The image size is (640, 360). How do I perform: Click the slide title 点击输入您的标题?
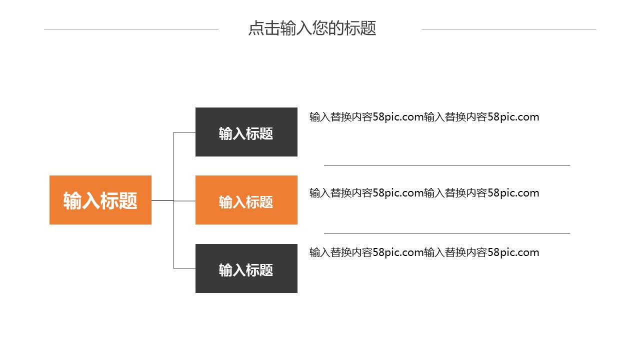[312, 28]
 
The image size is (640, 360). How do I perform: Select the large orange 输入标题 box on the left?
[100, 200]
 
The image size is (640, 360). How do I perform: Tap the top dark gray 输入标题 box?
[246, 132]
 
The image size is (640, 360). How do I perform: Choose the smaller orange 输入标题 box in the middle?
[246, 200]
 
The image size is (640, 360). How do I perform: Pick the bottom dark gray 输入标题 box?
[246, 268]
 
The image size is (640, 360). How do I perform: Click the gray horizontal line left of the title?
[131, 29]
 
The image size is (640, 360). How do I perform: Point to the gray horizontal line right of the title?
[508, 29]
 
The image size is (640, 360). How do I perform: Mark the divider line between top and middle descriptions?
[446, 165]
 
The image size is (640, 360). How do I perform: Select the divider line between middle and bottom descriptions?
[446, 233]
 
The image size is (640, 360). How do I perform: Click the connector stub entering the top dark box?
[184, 132]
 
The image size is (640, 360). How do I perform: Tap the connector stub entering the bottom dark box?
[184, 268]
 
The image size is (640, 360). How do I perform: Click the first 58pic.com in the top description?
[398, 117]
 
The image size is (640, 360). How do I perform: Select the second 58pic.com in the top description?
[513, 117]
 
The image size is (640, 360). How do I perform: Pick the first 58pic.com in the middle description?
[398, 193]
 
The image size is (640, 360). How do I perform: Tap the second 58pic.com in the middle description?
[513, 193]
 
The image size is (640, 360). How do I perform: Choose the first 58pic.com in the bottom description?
[398, 252]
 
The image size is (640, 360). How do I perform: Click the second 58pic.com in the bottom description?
[513, 252]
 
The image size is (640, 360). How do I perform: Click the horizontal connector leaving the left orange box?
[162, 200]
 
